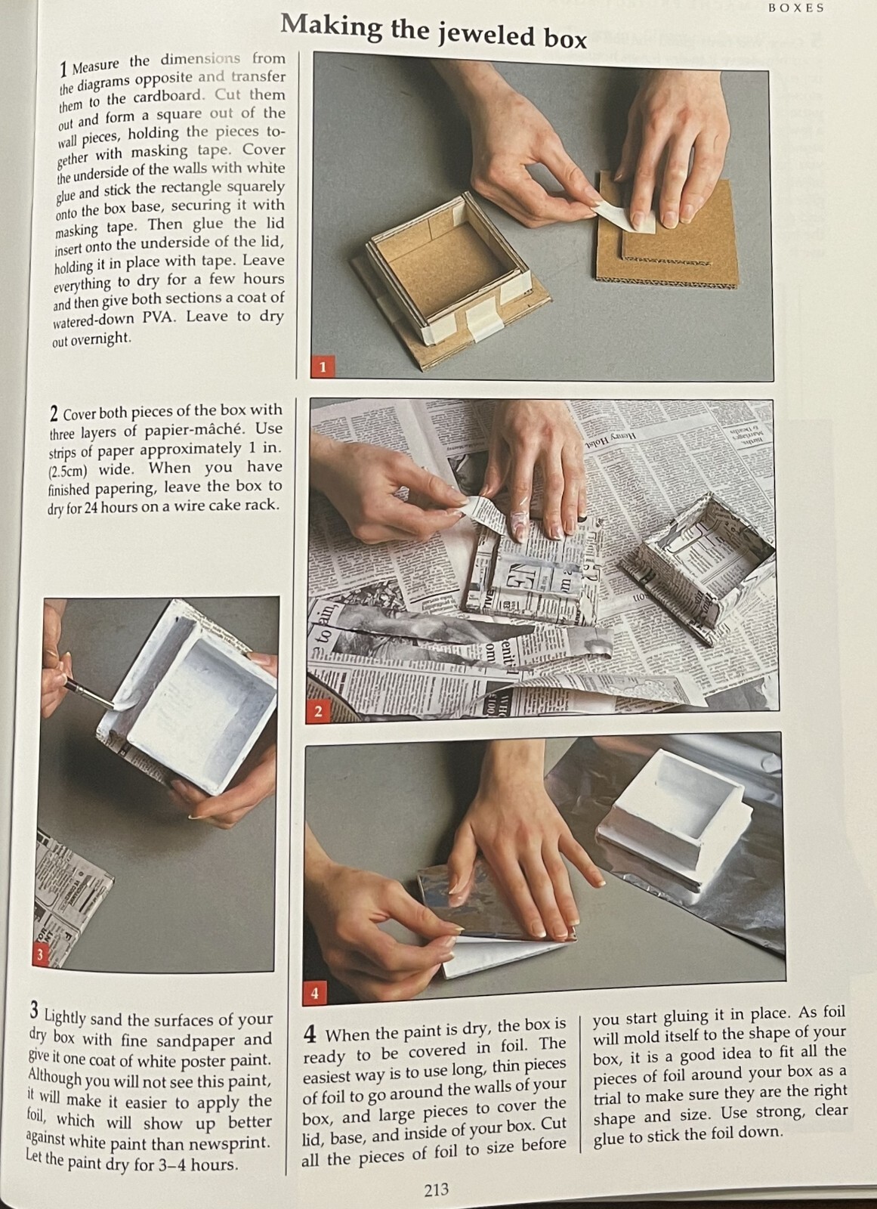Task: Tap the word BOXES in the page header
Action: pos(796,8)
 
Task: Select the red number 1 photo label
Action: pos(323,367)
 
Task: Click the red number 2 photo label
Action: pos(318,712)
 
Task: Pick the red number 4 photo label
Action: pos(315,993)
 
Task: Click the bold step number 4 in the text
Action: pos(309,1033)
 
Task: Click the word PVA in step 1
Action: pos(159,317)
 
